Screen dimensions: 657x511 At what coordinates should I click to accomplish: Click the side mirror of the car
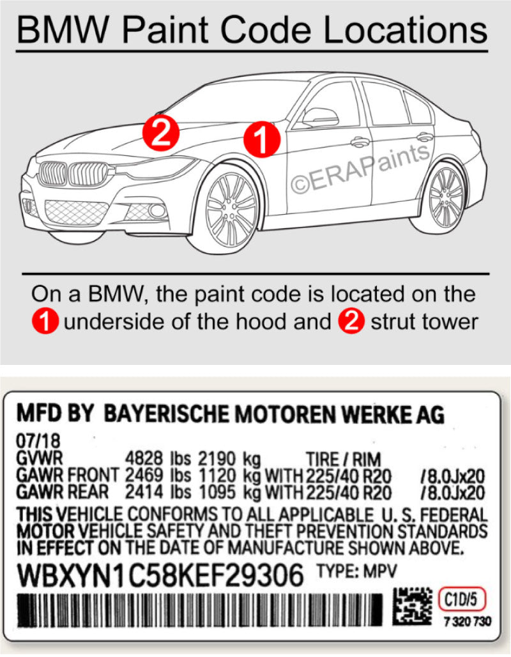[319, 117]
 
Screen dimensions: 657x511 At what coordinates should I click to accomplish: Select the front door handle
[360, 142]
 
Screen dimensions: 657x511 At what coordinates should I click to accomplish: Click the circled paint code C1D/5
[462, 599]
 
